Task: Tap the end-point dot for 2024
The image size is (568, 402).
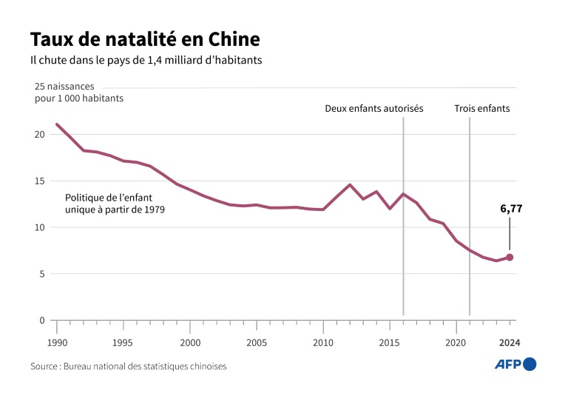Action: (510, 258)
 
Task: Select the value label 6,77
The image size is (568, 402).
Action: (511, 210)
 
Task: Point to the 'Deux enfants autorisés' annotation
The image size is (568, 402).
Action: (374, 108)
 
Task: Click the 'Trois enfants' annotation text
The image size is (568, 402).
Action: (481, 108)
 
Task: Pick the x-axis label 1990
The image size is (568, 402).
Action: (57, 343)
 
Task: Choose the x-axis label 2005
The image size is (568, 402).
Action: (257, 343)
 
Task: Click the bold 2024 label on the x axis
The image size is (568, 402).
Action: (510, 343)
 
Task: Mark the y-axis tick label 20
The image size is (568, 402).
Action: (39, 135)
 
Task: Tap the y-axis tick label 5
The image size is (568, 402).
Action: (42, 274)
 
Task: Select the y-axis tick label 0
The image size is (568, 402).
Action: (42, 321)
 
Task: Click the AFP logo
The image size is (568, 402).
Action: (515, 364)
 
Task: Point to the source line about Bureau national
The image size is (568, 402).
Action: (128, 366)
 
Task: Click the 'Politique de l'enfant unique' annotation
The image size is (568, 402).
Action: (115, 204)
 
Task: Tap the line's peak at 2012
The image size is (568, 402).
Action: (350, 184)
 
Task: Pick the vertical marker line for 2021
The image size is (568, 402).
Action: (470, 222)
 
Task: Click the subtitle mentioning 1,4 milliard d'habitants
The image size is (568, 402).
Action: (146, 60)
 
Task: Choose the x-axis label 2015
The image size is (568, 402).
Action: (390, 343)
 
